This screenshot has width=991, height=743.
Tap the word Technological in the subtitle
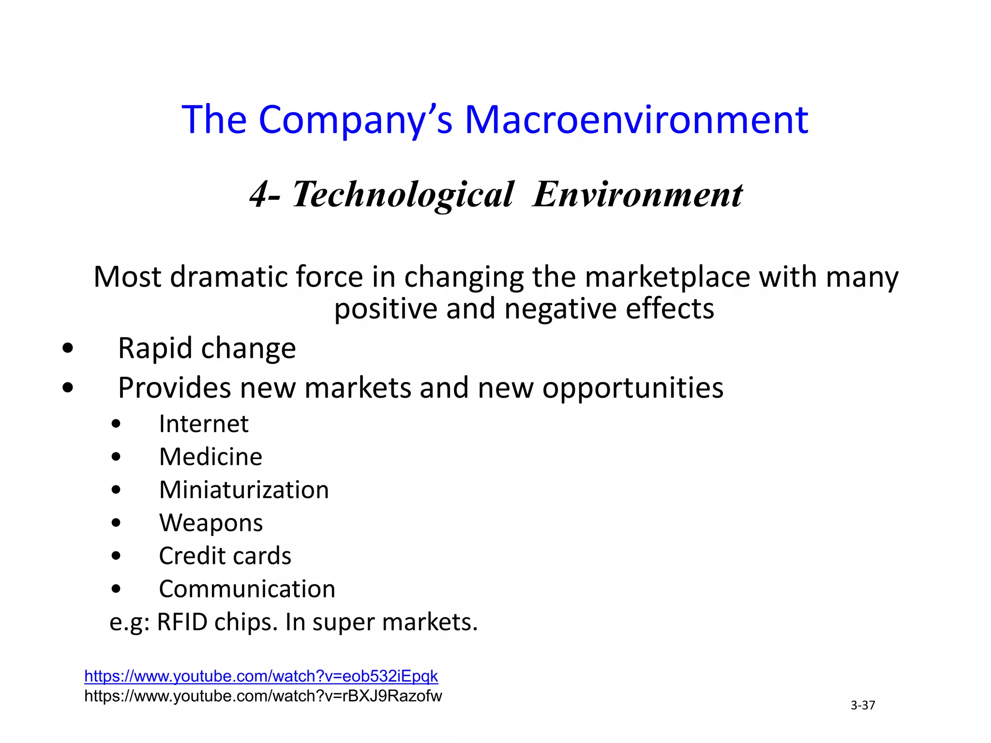pos(403,194)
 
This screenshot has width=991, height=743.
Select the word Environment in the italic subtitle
pos(637,194)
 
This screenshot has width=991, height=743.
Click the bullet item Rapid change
pos(207,348)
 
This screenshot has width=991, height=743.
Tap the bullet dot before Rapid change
pos(68,348)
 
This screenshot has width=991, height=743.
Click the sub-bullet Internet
pos(203,424)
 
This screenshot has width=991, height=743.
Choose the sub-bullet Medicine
pos(210,457)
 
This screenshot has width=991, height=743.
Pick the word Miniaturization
pos(244,490)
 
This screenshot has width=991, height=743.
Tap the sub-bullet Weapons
pos(211,523)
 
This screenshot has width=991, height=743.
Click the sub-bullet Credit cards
pos(225,556)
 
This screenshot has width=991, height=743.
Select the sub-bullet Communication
pos(247,589)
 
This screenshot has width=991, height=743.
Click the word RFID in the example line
pos(182,622)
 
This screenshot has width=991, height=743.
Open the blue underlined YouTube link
pos(261,676)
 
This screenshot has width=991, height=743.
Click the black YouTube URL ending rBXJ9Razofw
pos(263,696)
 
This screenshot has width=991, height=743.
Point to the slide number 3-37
pos(863,705)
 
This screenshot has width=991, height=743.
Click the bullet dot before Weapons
pos(116,523)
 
